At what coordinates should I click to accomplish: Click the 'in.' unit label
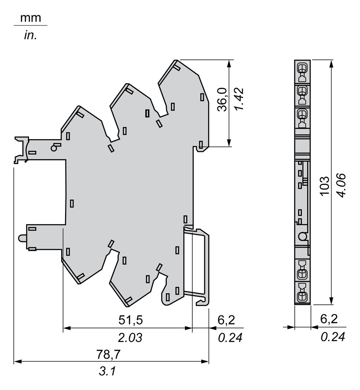(30, 35)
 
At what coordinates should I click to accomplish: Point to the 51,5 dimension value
(131, 320)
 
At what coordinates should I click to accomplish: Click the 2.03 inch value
(130, 337)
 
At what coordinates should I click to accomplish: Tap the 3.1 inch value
(107, 371)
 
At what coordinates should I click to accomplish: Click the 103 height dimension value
(325, 186)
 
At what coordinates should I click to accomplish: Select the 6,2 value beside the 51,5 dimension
(226, 320)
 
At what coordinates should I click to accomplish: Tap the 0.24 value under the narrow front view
(333, 337)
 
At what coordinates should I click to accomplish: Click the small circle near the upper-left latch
(53, 148)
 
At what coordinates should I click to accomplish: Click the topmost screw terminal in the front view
(302, 68)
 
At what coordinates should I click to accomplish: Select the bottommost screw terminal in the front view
(302, 296)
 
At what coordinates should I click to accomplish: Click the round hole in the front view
(303, 236)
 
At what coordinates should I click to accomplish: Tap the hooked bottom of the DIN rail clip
(203, 303)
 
